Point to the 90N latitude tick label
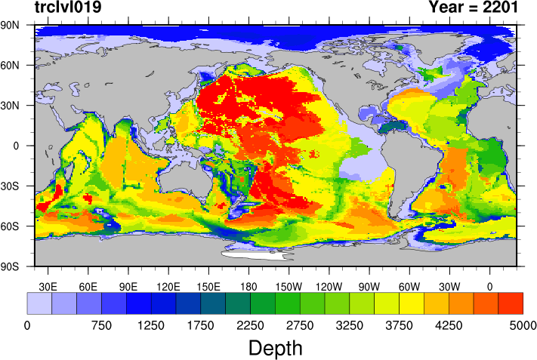point(12,25)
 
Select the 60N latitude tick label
point(12,65)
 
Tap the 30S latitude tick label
point(12,186)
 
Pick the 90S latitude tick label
point(12,266)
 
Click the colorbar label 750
point(101,325)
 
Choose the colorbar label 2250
point(250,325)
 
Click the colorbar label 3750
point(399,325)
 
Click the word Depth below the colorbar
point(275,348)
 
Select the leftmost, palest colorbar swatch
point(39,303)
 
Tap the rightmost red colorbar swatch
point(511,303)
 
